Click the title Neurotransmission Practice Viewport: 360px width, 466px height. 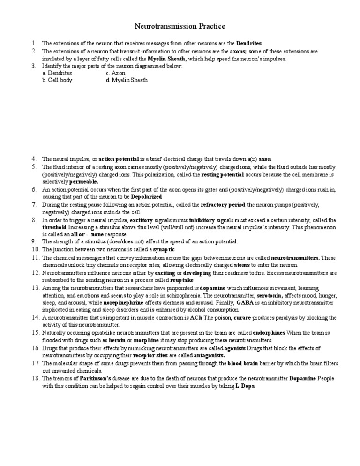pyautogui.click(x=180, y=26)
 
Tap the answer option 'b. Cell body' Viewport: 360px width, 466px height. pyautogui.click(x=57, y=80)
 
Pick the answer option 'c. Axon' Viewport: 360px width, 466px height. pyautogui.click(x=116, y=73)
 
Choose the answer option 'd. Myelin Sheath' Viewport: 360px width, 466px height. pyautogui.click(x=127, y=80)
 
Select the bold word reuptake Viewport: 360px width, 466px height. pyautogui.click(x=166, y=279)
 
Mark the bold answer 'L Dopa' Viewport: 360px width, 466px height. pyautogui.click(x=247, y=386)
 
